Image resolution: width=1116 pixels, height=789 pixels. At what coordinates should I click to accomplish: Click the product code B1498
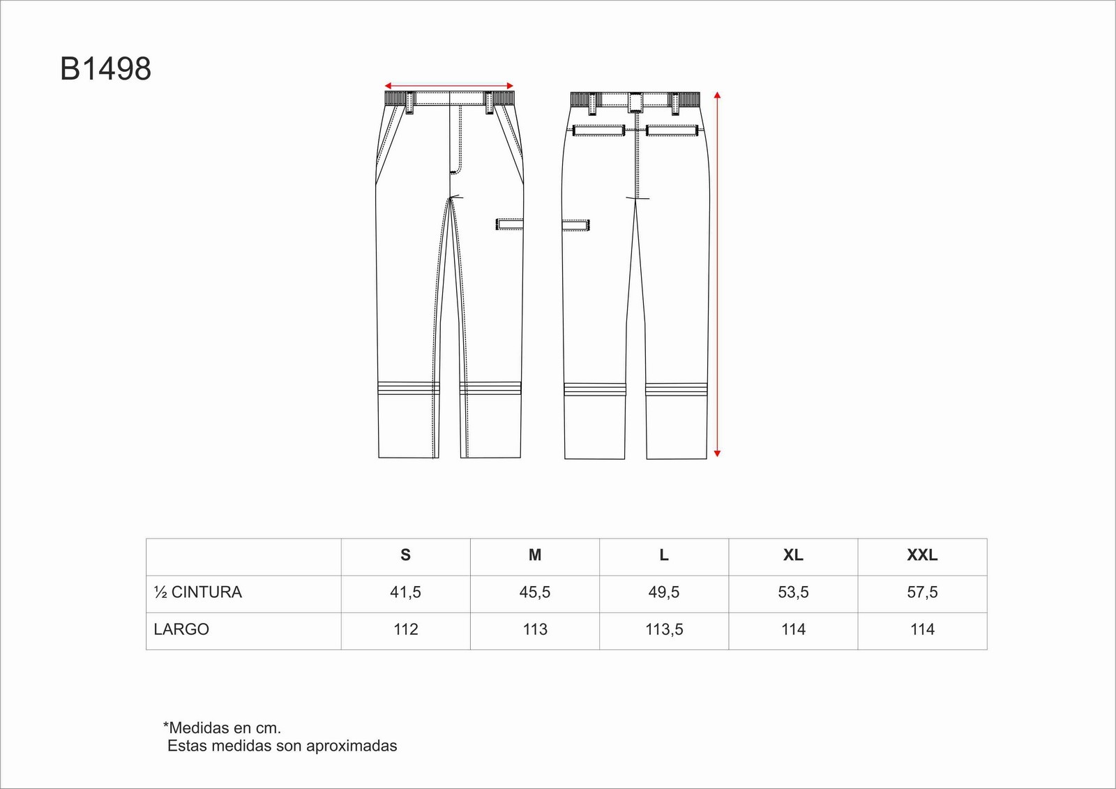[105, 69]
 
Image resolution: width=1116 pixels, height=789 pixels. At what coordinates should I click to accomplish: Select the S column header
[405, 555]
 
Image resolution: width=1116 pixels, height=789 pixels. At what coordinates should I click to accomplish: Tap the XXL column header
[922, 555]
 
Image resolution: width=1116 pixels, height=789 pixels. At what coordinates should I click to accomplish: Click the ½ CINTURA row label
[198, 592]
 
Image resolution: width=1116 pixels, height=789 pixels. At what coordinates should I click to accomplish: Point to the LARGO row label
[181, 629]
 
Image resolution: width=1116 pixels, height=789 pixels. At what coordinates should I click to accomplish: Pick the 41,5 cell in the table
[405, 592]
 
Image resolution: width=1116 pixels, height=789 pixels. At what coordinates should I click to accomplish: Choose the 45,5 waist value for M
[534, 592]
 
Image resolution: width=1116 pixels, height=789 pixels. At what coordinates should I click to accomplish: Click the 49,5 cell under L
[663, 592]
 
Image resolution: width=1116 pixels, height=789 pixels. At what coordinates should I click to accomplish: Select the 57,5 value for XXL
[922, 592]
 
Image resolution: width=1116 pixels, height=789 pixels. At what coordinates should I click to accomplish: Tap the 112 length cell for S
[405, 629]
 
